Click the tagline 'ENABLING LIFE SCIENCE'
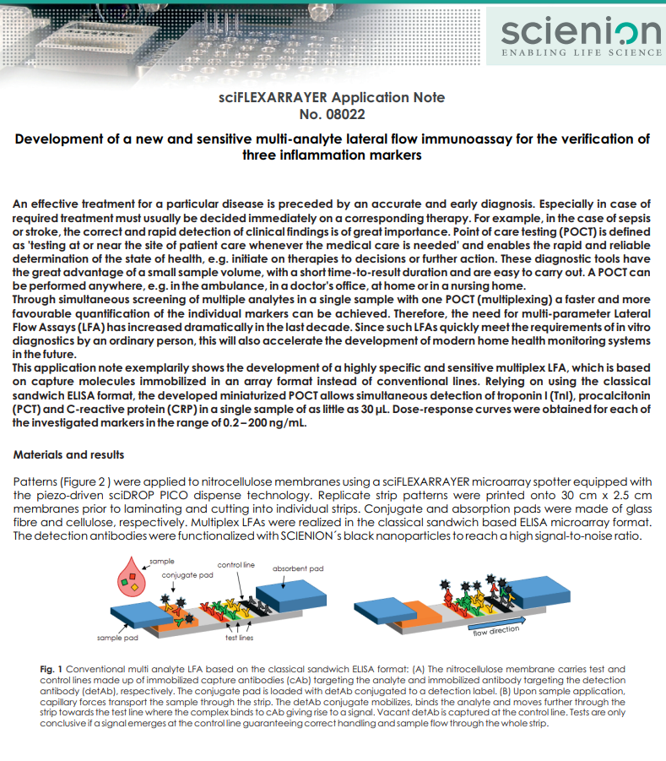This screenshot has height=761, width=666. pos(582,52)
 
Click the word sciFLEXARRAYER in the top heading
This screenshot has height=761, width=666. pos(273,97)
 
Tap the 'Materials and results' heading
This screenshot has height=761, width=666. pos(68,454)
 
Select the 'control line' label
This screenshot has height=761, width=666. pos(236,564)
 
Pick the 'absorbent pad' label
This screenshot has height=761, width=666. pos(298,568)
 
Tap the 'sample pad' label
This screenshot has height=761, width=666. pos(117,638)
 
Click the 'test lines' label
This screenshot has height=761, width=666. pos(240,638)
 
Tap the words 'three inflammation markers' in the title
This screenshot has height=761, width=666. pos(332,155)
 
